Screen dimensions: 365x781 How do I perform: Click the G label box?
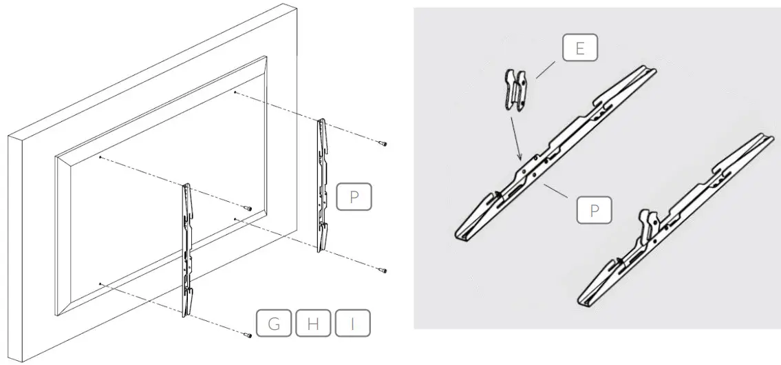[x=274, y=324]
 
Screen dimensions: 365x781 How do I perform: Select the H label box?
[x=313, y=324]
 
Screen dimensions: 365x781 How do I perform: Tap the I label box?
[x=352, y=324]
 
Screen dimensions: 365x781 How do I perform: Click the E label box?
[x=580, y=49]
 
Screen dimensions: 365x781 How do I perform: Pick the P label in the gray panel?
[x=593, y=211]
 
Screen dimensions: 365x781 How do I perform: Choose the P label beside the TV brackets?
[x=354, y=197]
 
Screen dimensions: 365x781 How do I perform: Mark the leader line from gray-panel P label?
[x=557, y=193]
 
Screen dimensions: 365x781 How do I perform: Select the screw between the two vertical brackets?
[x=249, y=208]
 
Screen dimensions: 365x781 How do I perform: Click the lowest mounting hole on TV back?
[x=100, y=283]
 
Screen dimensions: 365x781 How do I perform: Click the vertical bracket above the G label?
[x=187, y=248]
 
